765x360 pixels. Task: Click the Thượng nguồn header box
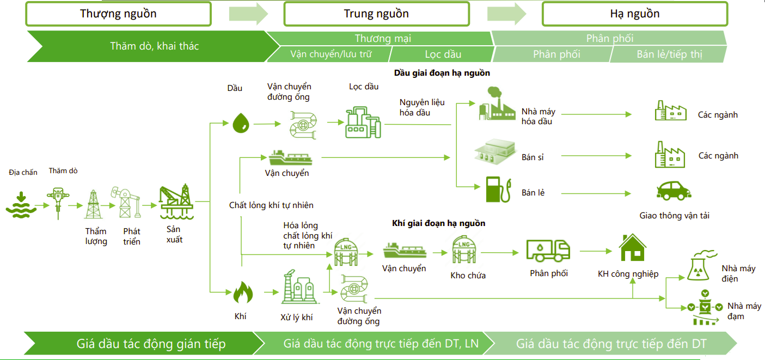[x=118, y=14]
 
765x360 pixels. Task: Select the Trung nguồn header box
[x=376, y=14]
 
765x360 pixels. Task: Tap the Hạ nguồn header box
[x=635, y=14]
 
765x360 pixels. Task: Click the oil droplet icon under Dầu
[x=241, y=123]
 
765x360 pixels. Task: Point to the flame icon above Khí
[x=243, y=292]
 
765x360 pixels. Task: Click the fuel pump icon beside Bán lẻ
[x=499, y=190]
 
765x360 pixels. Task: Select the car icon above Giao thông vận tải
[x=674, y=191]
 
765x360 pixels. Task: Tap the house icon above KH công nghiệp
[x=633, y=248]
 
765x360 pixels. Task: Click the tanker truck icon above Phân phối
[x=548, y=251]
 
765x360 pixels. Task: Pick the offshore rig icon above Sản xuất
[x=176, y=202]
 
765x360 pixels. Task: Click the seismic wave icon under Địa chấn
[x=21, y=205]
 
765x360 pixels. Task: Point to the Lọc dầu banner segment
[x=443, y=54]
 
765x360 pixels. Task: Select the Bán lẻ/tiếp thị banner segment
[x=669, y=54]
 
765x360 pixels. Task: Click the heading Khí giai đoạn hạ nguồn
[x=438, y=223]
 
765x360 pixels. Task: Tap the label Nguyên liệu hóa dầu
[x=422, y=107]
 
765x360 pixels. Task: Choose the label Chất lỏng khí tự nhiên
[x=271, y=205]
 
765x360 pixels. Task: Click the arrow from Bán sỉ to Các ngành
[x=596, y=156]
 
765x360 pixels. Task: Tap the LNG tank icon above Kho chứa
[x=464, y=249]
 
